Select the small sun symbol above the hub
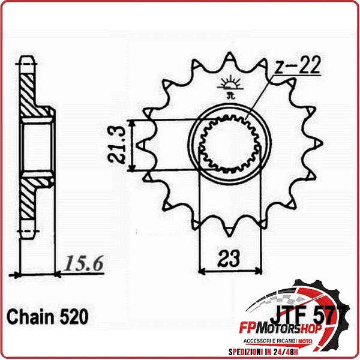(x=229, y=82)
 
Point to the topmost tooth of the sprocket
(x=229, y=59)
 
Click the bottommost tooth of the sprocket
(x=229, y=230)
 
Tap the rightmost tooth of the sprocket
(x=316, y=145)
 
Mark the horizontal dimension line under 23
(x=229, y=269)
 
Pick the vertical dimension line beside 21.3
(x=133, y=145)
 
